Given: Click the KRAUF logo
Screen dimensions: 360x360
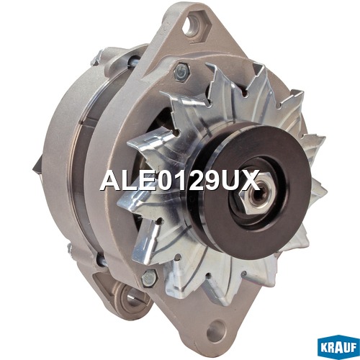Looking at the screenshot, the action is (338, 347).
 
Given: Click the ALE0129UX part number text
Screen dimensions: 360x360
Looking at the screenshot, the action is (180, 180).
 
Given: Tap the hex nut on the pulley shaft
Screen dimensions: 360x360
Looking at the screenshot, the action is (254, 192).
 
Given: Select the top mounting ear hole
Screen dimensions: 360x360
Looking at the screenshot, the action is (192, 25).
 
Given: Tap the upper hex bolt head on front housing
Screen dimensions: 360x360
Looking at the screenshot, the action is (181, 71).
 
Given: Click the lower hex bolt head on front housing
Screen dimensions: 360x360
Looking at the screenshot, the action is (149, 279).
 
